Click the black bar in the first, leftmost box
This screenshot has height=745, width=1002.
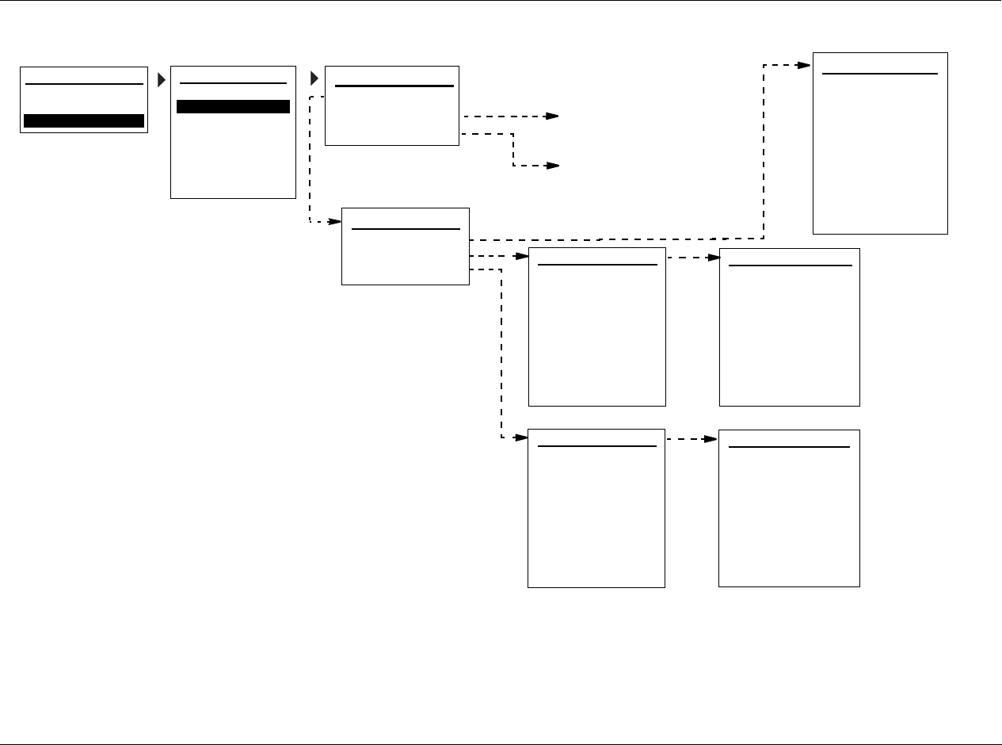point(84,120)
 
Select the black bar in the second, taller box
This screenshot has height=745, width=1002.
point(233,107)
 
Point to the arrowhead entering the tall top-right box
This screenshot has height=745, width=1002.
point(806,65)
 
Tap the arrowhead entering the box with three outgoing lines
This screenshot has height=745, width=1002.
point(336,222)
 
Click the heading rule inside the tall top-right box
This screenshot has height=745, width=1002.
point(880,74)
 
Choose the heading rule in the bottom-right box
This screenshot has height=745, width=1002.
point(789,447)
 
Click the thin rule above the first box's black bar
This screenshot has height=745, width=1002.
point(84,83)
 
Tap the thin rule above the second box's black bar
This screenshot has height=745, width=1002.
point(233,82)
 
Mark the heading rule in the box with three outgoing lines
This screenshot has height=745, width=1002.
point(406,229)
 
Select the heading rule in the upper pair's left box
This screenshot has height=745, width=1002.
point(597,265)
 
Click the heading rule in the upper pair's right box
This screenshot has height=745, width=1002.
point(790,266)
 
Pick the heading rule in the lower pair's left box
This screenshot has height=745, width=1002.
point(597,446)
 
